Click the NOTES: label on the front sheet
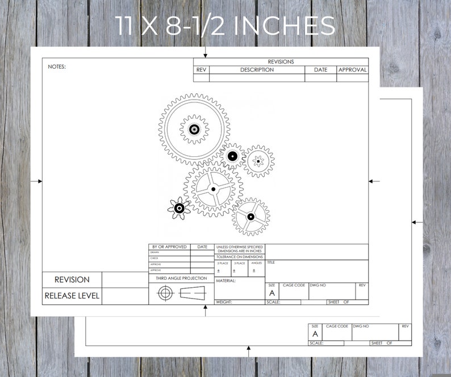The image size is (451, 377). (x=57, y=67)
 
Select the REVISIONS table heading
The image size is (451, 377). (x=281, y=61)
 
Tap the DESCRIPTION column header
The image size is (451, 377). (x=257, y=70)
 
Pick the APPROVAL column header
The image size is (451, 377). (x=352, y=70)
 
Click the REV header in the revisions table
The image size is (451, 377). (x=201, y=70)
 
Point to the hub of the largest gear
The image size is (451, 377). (x=194, y=130)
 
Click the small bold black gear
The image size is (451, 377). (x=179, y=208)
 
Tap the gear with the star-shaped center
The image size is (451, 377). (x=258, y=161)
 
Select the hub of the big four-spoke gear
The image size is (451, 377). (x=214, y=189)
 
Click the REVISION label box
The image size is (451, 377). (x=72, y=280)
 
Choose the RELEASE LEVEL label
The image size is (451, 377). (x=72, y=296)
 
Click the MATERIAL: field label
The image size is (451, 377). (x=225, y=280)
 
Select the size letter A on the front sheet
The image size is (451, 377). (x=272, y=293)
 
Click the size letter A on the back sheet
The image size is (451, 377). (x=315, y=334)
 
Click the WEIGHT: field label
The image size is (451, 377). (x=224, y=302)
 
